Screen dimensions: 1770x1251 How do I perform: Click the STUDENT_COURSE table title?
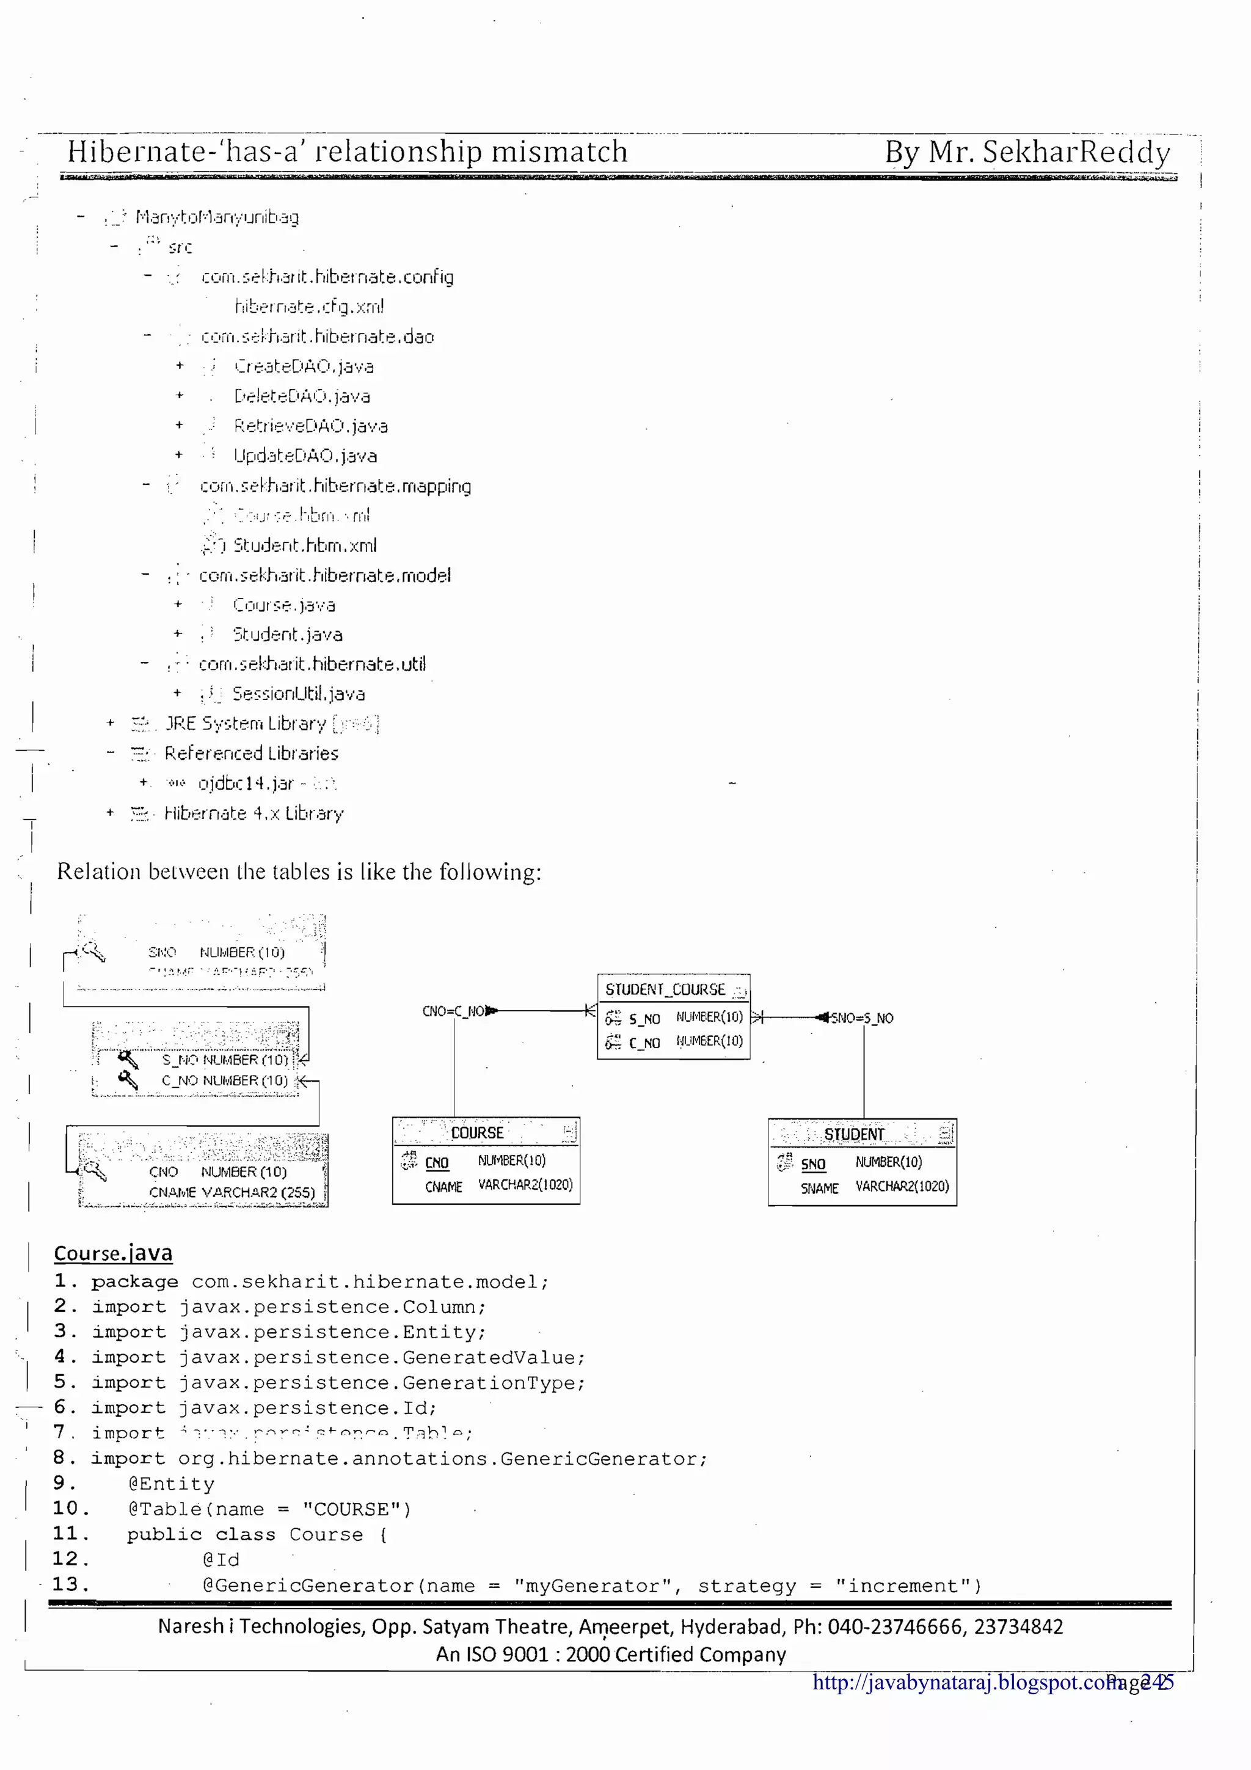click(665, 989)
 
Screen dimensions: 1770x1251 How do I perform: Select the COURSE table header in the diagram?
click(477, 1132)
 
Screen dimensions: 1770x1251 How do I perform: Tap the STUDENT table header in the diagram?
click(854, 1134)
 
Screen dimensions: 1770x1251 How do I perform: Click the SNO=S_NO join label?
click(863, 1018)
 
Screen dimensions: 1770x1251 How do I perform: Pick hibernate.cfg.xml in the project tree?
click(309, 307)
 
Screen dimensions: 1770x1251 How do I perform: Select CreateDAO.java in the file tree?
click(304, 366)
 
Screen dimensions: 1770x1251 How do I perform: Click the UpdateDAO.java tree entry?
click(305, 456)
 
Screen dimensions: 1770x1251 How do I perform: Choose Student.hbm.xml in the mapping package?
click(305, 545)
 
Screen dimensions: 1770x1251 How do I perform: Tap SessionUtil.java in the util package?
click(298, 694)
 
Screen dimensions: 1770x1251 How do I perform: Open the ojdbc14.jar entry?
click(246, 783)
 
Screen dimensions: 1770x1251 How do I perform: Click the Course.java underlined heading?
click(113, 1253)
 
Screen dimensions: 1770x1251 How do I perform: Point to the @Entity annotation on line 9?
click(171, 1484)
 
